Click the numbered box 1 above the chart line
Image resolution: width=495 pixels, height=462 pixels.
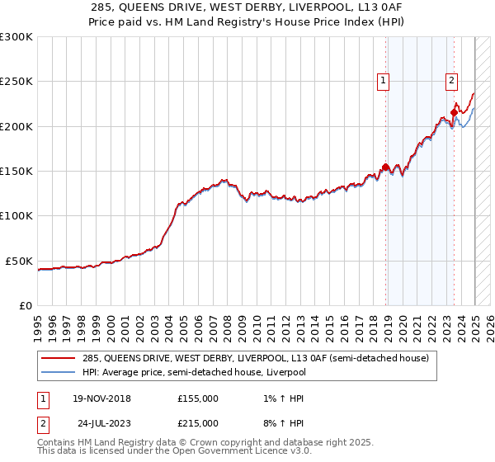click(384, 80)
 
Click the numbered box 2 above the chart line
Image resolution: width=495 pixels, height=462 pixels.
click(452, 80)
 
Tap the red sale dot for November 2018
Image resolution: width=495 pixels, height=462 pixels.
click(385, 167)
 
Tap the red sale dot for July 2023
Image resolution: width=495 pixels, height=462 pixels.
click(455, 113)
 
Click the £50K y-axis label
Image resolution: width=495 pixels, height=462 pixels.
click(20, 261)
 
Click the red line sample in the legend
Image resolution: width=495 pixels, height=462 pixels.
click(59, 359)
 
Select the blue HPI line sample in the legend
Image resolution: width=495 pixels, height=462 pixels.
click(59, 373)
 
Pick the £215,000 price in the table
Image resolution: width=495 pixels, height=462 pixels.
click(198, 423)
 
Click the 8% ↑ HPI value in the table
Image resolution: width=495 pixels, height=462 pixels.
click(281, 423)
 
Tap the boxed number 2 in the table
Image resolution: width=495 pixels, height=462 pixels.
click(41, 423)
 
